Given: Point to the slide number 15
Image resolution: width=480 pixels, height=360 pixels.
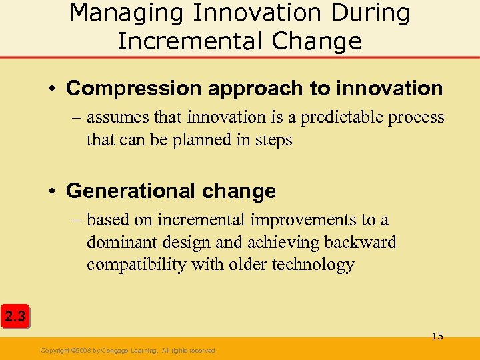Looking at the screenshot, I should [437, 336].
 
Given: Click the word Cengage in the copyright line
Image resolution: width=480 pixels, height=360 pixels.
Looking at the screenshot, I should [123, 351].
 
